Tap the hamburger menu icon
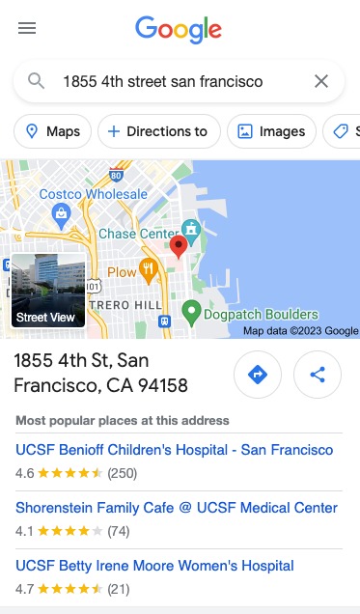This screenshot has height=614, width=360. point(27,28)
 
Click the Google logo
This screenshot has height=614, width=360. point(179,29)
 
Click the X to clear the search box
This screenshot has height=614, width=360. point(321,81)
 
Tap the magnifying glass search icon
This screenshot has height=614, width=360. point(37,81)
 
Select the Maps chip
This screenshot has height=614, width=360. point(53,131)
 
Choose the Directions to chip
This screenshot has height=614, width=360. point(159,131)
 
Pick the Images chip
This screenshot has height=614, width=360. point(272,131)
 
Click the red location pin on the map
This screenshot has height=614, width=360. point(178,247)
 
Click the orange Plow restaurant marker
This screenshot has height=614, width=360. point(148,269)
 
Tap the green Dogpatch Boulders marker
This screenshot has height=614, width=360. point(192,313)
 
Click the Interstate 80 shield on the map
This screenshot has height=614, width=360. point(116,176)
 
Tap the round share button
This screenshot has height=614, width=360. point(318,375)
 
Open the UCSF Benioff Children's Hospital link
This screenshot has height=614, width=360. point(175,450)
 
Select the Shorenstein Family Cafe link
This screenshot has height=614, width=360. point(177,508)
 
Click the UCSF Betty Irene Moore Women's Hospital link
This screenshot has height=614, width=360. point(154,566)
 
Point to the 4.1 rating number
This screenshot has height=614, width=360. point(24,530)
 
